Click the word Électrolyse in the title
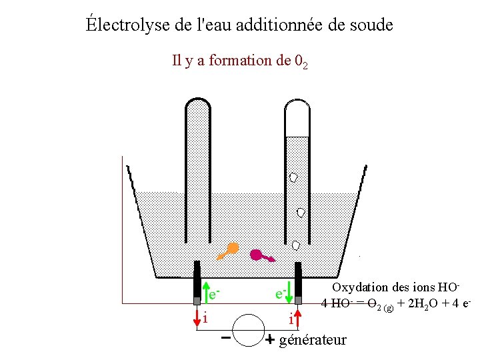[120, 25]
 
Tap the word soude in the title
[371, 25]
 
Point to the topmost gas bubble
[293, 177]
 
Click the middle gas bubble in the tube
[301, 212]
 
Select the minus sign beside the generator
[226, 338]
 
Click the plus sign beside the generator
[270, 340]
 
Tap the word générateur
[313, 340]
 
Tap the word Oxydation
[361, 287]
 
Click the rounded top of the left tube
[197, 103]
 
